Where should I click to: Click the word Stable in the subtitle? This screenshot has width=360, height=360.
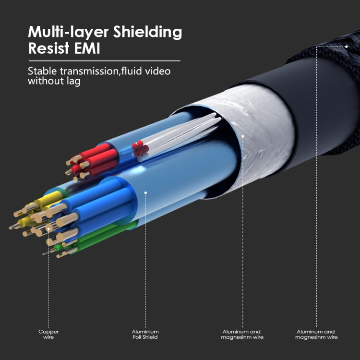click(42, 72)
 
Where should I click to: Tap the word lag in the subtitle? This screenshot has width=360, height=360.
click(73, 82)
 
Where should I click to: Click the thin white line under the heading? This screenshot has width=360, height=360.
click(104, 61)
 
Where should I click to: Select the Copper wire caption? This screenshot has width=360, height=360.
click(48, 334)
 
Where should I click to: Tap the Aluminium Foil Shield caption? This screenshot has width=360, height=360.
click(145, 334)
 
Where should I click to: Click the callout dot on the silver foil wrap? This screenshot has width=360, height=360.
click(243, 136)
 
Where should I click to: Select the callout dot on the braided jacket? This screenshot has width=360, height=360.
click(346, 47)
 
